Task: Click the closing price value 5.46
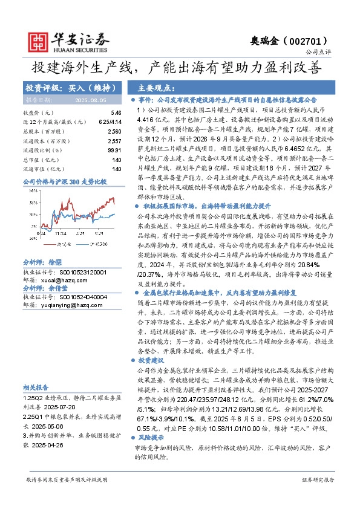pos(116,113)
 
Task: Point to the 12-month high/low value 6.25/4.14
pos(110,122)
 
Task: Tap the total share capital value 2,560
pos(114,131)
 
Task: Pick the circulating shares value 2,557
pos(114,140)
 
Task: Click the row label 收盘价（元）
pos(38,113)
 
